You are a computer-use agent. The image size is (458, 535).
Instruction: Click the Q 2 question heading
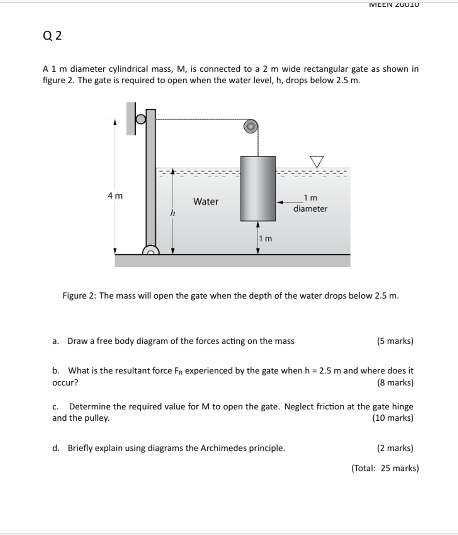coord(52,36)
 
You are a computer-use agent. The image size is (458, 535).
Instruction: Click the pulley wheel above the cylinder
coord(251,126)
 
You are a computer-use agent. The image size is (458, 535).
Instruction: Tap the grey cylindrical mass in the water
coord(258,189)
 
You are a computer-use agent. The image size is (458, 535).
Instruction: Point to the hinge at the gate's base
coord(151,251)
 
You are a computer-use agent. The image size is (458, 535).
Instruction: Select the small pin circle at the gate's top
coord(141,119)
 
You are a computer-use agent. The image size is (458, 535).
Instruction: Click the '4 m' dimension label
coord(115,196)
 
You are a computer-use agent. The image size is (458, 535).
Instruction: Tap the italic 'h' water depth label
coord(172,213)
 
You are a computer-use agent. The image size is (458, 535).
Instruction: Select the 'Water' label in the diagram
coord(206,202)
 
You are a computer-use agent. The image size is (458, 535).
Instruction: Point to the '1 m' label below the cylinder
coord(265,239)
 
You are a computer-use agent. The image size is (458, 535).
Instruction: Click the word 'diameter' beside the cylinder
coord(310,209)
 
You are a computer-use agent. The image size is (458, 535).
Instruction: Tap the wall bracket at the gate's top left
coord(131,118)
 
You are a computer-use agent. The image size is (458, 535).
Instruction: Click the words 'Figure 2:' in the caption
coord(80,296)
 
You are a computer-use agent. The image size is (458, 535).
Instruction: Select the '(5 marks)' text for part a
coord(395,341)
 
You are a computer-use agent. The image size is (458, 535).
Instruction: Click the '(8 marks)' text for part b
coord(395,383)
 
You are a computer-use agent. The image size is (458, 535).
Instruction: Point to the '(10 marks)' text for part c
coord(393,418)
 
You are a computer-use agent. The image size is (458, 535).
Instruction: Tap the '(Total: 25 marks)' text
coord(385,468)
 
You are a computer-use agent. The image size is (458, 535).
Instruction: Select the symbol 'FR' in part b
coord(178,371)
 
